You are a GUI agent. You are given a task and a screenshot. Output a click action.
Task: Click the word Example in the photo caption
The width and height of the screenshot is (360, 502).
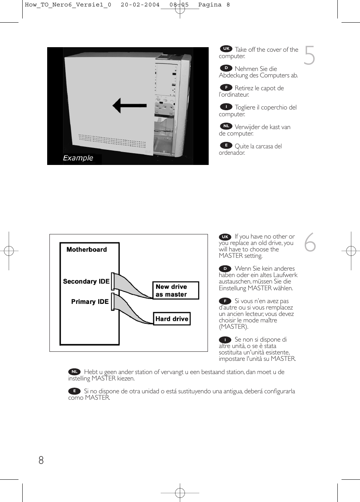coord(78,158)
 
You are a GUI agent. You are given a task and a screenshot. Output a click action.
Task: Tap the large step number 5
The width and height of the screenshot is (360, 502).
coord(309,55)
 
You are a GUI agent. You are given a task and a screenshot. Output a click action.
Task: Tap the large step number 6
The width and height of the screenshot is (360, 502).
coord(310,242)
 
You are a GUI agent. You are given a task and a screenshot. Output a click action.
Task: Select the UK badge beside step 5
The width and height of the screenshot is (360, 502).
coord(226,49)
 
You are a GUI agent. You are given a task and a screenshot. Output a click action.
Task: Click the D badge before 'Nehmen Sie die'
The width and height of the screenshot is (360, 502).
coord(226,68)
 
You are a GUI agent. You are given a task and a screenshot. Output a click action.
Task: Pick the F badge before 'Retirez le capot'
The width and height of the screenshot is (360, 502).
coord(226,88)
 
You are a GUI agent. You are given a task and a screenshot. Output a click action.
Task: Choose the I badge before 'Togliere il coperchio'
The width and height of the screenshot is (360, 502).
coord(226,107)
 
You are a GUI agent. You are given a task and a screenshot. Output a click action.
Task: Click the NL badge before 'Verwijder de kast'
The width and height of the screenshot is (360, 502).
coord(226,126)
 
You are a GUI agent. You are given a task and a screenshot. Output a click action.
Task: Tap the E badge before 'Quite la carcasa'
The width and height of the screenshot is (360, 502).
coord(226,145)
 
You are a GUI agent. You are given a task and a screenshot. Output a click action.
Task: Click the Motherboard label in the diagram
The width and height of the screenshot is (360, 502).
coord(86,249)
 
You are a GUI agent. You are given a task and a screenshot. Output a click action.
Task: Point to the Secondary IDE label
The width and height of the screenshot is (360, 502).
coord(86,282)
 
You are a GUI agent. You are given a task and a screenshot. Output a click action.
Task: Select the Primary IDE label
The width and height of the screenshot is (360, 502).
coord(90,302)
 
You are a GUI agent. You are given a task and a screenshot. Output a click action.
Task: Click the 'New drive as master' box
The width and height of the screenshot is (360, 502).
coord(175,291)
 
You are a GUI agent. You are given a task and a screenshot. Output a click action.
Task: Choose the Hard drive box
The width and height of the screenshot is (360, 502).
coord(172,319)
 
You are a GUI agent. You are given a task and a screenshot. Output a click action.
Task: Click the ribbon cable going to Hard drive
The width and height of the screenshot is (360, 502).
coord(130,310)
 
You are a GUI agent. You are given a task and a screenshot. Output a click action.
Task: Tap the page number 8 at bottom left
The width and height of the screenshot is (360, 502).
coord(41,460)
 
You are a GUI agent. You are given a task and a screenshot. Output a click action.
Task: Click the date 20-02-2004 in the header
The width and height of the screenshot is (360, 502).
coord(140,5)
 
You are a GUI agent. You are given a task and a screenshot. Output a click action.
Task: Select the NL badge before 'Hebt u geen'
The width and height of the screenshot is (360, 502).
coord(74,372)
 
